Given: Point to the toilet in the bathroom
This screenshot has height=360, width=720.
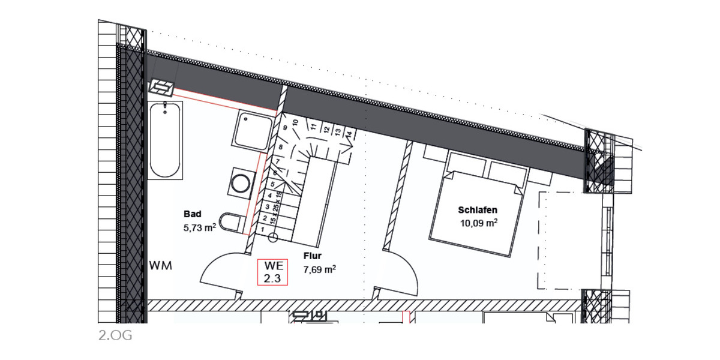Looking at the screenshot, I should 232,222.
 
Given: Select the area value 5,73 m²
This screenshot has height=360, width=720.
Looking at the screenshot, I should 199,228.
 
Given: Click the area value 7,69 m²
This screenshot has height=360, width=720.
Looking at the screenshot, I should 319,270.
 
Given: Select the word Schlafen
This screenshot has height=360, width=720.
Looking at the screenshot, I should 478,210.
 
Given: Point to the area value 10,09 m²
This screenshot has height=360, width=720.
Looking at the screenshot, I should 478,224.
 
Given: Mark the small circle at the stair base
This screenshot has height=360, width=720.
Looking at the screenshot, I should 272,238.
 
